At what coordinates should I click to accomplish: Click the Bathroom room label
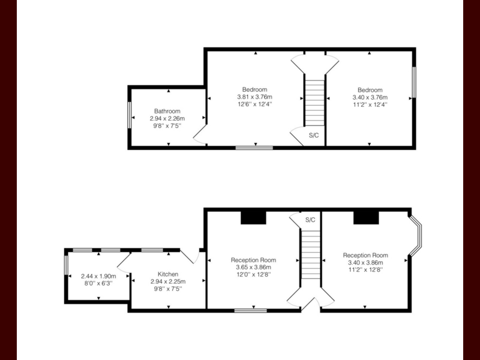tap(167, 111)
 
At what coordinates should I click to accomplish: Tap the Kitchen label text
tap(168, 274)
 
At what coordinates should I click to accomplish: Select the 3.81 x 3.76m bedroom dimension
tap(254, 97)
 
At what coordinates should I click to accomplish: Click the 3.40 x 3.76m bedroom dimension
tap(370, 97)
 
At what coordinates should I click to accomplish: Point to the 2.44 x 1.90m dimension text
tap(98, 276)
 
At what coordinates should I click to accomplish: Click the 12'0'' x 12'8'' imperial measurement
tap(254, 275)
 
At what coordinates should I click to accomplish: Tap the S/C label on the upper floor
tap(314, 136)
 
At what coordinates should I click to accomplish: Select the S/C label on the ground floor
tap(310, 220)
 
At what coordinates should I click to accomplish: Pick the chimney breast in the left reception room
tap(253, 218)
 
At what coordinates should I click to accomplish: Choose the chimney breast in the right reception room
tap(366, 218)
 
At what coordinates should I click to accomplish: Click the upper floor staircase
tap(314, 103)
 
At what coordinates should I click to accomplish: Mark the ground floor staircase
tap(311, 254)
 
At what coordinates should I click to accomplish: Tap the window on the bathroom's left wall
tap(130, 115)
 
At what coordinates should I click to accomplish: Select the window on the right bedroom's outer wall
tap(414, 82)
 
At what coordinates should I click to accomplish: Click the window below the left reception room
tap(251, 311)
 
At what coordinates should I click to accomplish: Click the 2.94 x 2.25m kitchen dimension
tap(168, 281)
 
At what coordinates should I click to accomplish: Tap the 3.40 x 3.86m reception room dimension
tap(365, 263)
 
